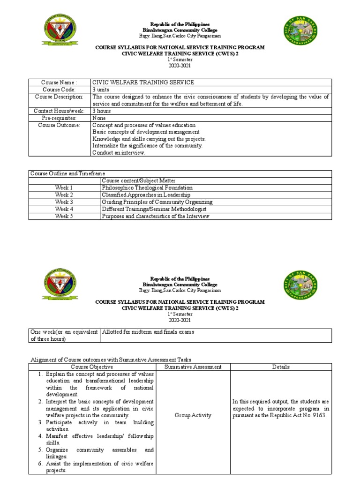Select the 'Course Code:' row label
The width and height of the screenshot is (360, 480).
tap(59, 90)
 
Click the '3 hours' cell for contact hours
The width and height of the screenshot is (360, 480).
tap(102, 111)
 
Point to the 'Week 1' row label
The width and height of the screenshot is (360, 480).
tap(64, 188)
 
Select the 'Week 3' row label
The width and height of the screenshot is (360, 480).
tap(64, 202)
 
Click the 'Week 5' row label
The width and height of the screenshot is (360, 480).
tap(64, 216)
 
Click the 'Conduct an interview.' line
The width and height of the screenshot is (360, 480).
tap(119, 153)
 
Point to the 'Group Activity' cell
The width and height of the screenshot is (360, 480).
tap(193, 415)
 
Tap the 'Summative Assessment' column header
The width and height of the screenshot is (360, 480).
tap(193, 367)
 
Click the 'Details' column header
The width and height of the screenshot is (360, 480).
tap(280, 367)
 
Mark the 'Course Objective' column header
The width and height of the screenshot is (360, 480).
tap(92, 367)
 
